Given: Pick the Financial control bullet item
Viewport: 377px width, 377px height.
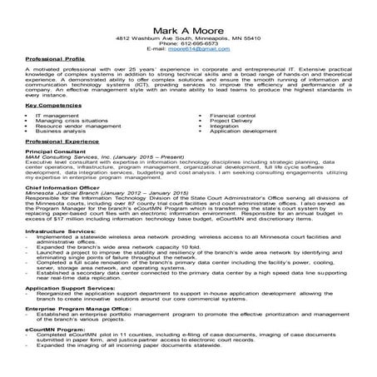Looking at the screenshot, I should click(233, 115).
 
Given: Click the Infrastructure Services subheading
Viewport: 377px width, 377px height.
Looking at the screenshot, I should click(61, 231).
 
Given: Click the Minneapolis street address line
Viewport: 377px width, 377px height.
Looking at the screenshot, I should click(187, 37).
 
